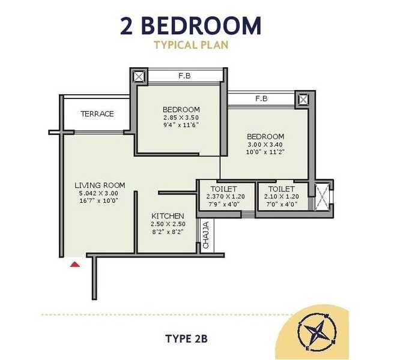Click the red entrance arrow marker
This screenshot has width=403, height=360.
point(74,263)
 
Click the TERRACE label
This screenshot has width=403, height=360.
point(97,114)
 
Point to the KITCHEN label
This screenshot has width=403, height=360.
point(168,216)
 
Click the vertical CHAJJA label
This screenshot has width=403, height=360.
point(205,236)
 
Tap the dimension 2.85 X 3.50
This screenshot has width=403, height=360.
point(181,117)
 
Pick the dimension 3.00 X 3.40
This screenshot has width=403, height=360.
point(265,145)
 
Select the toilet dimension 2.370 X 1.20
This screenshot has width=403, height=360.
point(226,197)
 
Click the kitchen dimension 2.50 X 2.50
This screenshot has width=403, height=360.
point(168,224)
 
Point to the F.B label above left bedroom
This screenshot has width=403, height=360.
point(184,77)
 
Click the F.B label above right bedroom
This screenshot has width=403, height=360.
point(261,98)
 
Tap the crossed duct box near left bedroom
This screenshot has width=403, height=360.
point(139,77)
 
